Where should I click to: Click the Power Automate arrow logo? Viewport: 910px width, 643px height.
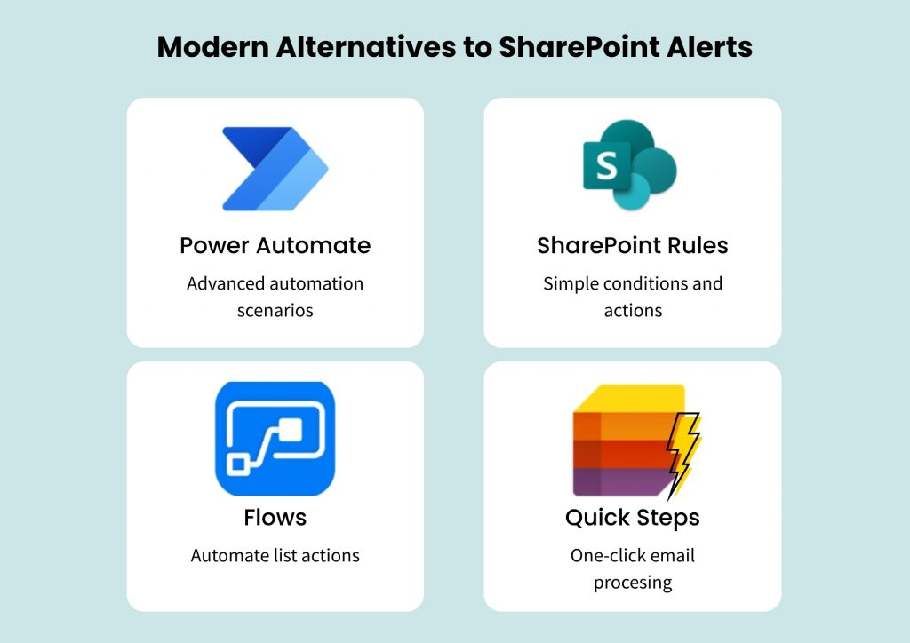point(275,169)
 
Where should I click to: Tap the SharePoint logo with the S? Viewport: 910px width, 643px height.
point(629,165)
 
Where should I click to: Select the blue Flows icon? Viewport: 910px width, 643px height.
point(275,438)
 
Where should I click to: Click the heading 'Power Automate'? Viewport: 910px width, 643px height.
point(275,245)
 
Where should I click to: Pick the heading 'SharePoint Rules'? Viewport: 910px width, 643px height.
point(633,245)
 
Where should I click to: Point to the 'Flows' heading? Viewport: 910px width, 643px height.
point(275,517)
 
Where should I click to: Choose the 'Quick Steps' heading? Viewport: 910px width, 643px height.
point(633,517)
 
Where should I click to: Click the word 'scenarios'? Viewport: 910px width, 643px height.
point(275,311)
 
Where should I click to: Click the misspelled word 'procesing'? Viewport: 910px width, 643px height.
point(633,583)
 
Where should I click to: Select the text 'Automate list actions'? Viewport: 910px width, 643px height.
point(275,556)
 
